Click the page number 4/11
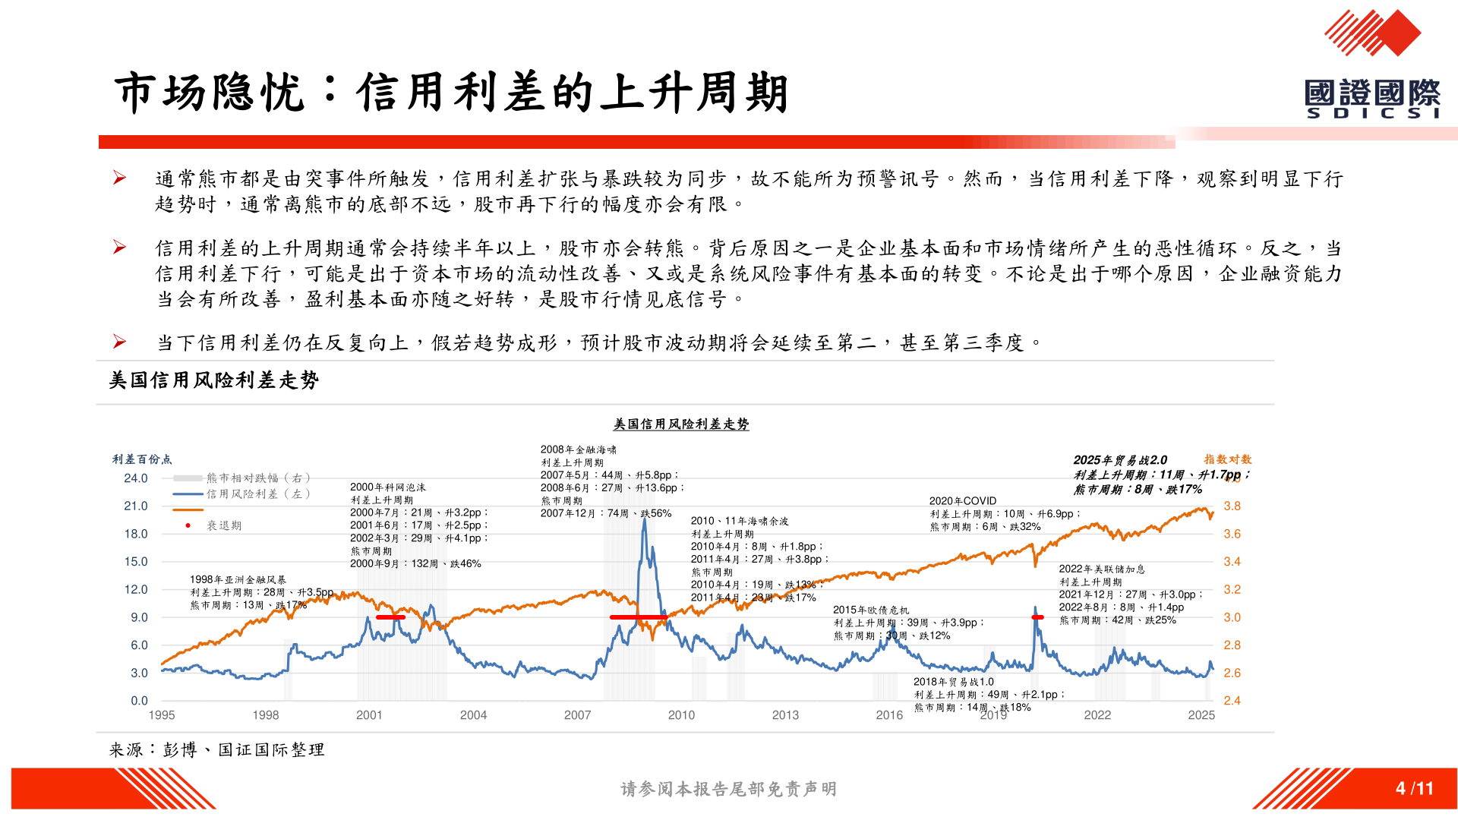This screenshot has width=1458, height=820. (x=1414, y=789)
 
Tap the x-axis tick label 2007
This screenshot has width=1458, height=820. (x=577, y=715)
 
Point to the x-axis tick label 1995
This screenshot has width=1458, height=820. (x=162, y=715)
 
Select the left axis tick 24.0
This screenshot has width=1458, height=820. (x=136, y=478)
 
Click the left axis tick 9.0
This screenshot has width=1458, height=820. (x=139, y=617)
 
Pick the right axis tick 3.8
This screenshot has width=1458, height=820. (x=1232, y=506)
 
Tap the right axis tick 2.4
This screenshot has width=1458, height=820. (x=1232, y=701)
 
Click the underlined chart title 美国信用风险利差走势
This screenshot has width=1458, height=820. (x=681, y=424)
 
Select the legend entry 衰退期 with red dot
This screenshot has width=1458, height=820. (x=223, y=525)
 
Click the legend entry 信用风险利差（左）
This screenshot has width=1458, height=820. (x=258, y=494)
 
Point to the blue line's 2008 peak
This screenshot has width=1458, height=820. (x=645, y=519)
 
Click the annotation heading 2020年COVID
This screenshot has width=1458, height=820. (x=962, y=501)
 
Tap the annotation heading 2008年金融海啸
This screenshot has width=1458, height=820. (x=578, y=449)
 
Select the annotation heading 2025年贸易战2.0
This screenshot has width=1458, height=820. (x=1119, y=460)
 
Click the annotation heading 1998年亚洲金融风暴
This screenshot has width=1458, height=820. (x=238, y=579)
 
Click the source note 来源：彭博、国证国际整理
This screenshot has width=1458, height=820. (x=216, y=750)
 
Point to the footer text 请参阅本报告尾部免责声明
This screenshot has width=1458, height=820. (x=728, y=790)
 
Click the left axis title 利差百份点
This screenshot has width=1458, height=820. (x=142, y=459)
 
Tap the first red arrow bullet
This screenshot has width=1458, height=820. (x=119, y=178)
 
